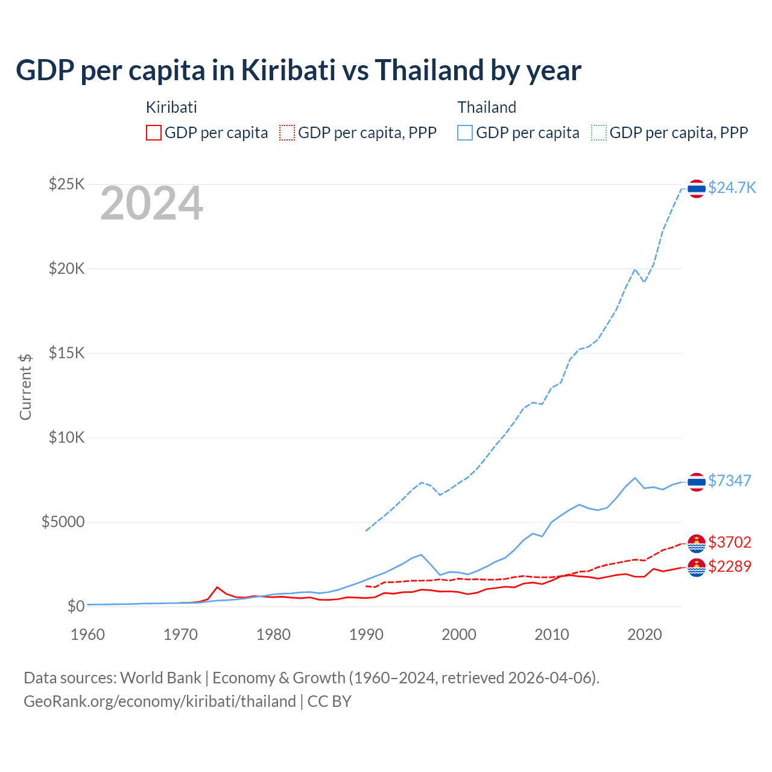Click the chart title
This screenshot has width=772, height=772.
(x=299, y=71)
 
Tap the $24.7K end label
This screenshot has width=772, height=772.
(x=732, y=188)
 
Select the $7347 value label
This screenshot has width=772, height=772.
(x=730, y=481)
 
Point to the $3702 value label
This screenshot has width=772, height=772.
(x=730, y=542)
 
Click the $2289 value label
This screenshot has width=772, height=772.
(x=730, y=566)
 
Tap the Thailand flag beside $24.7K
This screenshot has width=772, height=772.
(x=697, y=189)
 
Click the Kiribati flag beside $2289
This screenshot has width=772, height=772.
(x=697, y=567)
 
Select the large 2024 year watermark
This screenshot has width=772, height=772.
(x=151, y=203)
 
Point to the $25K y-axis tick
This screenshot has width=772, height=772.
(x=66, y=184)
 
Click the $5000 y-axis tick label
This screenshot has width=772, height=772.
(x=63, y=522)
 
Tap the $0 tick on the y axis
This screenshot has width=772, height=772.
(x=75, y=606)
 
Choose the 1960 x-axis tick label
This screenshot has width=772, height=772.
(x=88, y=634)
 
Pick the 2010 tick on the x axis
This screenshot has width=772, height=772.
(x=552, y=634)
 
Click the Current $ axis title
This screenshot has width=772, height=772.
(x=25, y=387)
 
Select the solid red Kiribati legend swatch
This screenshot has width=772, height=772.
(x=154, y=133)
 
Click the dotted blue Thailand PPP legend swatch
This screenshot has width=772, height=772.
(x=599, y=133)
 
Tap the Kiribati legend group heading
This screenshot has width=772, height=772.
(x=171, y=107)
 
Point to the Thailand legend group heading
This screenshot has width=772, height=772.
(x=487, y=107)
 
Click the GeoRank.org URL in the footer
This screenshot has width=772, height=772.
(x=160, y=701)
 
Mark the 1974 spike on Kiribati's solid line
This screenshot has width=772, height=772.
(x=217, y=587)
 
